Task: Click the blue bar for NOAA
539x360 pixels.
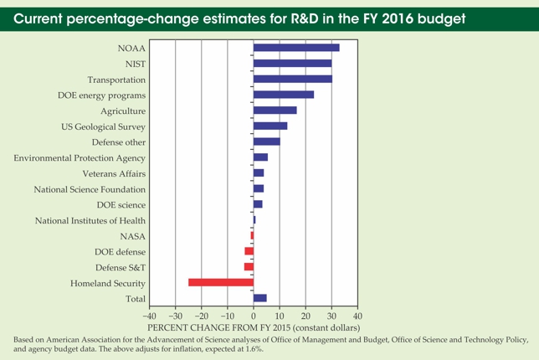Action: [295, 48]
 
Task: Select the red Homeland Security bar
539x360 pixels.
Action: [221, 282]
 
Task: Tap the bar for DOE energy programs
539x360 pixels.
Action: [283, 95]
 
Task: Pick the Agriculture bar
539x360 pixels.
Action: [275, 111]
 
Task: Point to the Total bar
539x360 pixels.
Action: [259, 298]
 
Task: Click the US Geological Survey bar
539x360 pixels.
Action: [269, 126]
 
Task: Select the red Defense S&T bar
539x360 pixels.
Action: [249, 267]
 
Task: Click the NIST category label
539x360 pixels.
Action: [132, 64]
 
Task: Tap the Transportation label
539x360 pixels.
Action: [116, 80]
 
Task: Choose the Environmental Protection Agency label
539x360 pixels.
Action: [80, 157]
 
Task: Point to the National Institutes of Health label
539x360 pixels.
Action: [90, 220]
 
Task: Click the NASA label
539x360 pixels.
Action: [133, 236]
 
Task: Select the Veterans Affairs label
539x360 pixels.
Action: [115, 173]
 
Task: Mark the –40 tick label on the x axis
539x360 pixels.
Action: [147, 316]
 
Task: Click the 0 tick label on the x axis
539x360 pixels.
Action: [253, 316]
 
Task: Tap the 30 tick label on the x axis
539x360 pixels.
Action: [331, 316]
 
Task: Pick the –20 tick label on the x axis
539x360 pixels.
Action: [199, 316]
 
